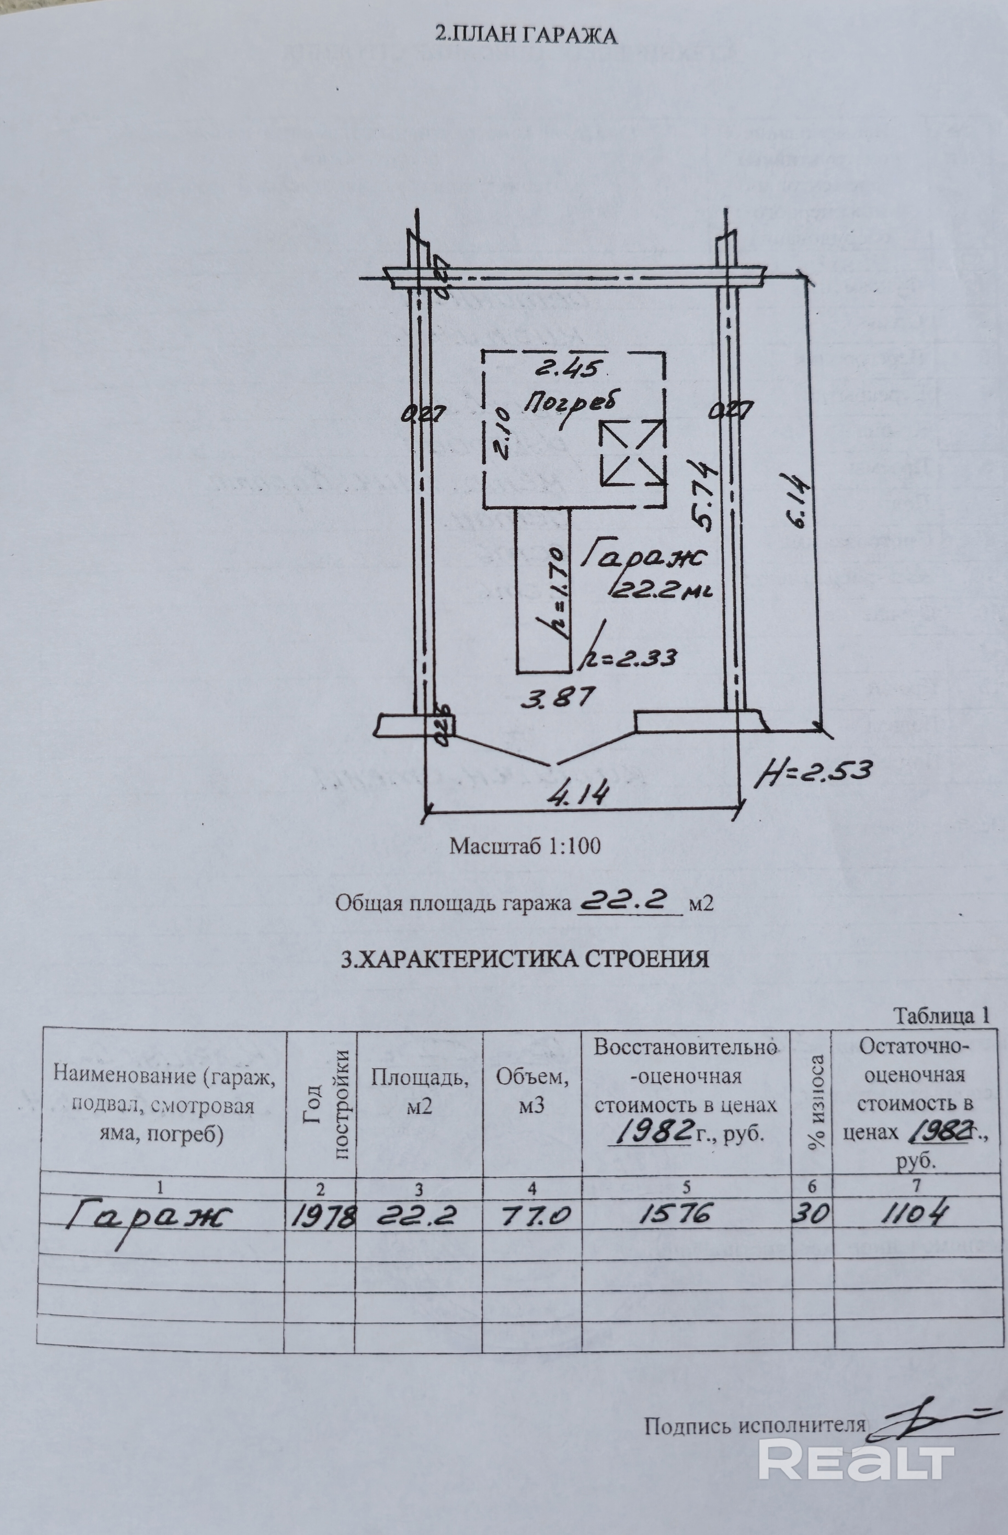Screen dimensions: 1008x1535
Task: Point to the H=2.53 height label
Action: pos(815,771)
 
